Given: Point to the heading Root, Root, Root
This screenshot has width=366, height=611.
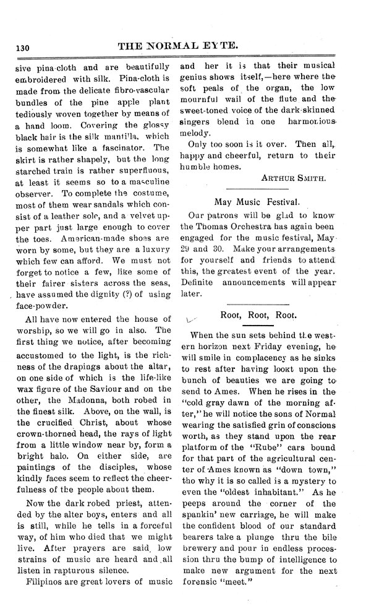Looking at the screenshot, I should click(x=258, y=315).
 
